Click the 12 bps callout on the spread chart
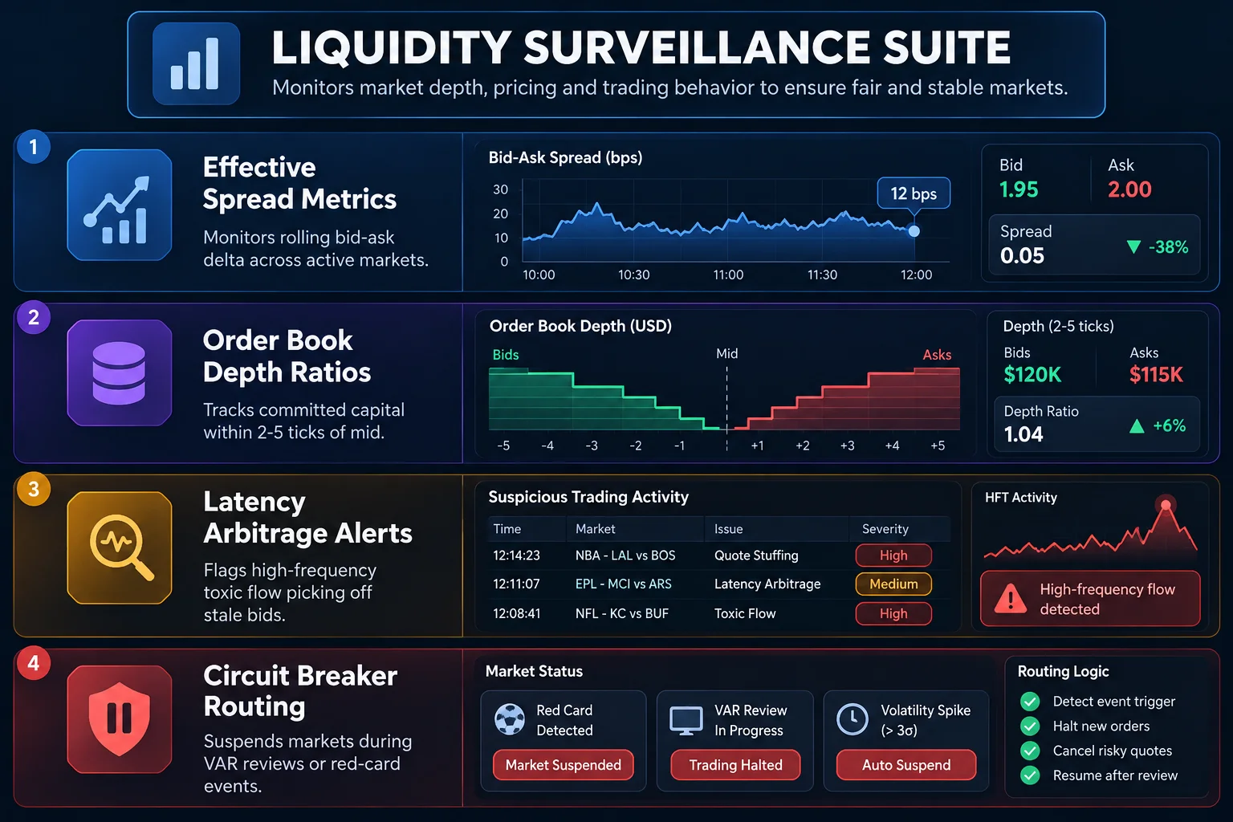[914, 193]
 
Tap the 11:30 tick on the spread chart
[822, 275]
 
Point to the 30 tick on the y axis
[500, 189]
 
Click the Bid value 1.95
[1019, 189]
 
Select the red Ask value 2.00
[1129, 189]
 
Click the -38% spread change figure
[1168, 246]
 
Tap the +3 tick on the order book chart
[847, 446]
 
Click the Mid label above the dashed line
[726, 353]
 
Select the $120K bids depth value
[1032, 374]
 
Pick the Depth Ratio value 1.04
[1023, 434]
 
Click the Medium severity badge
[893, 584]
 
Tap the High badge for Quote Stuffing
[893, 555]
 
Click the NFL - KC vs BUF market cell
[621, 613]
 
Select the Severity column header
[885, 528]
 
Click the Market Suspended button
[563, 765]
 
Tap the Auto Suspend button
[906, 765]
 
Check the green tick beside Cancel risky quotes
[1030, 751]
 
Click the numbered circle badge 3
[34, 489]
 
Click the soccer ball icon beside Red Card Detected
[510, 719]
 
